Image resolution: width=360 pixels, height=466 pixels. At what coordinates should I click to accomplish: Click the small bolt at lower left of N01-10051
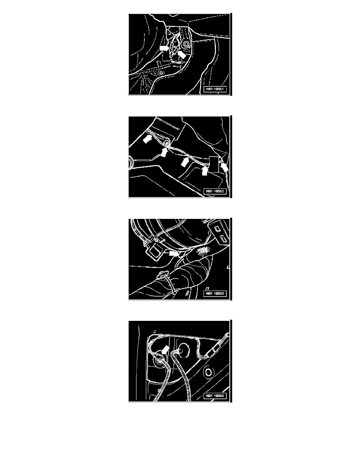pyautogui.click(x=160, y=73)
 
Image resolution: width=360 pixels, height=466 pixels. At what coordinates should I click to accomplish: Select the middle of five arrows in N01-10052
pyautogui.click(x=184, y=162)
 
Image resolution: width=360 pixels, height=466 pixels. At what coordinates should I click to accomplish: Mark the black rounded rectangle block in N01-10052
pyautogui.click(x=214, y=164)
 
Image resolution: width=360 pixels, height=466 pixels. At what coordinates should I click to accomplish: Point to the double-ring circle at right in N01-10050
pyautogui.click(x=207, y=371)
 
